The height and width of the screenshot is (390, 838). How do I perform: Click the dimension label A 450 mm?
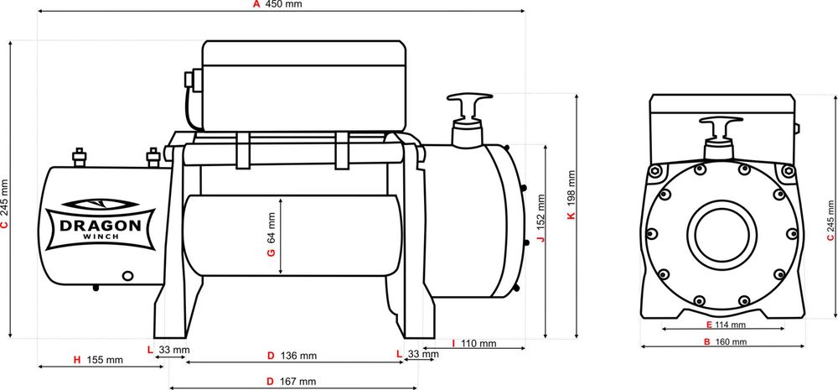point(277,4)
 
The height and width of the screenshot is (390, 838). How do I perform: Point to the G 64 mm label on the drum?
point(272,238)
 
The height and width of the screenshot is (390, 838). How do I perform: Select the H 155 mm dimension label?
point(98,360)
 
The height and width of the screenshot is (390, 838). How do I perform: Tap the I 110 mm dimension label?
point(473,344)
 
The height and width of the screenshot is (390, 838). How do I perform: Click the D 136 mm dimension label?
point(292,356)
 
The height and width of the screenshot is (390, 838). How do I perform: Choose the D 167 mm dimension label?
point(292,381)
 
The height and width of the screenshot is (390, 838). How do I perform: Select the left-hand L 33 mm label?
point(168,349)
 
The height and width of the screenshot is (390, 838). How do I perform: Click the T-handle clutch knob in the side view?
point(468,104)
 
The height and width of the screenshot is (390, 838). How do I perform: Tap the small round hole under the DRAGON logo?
point(128,273)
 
